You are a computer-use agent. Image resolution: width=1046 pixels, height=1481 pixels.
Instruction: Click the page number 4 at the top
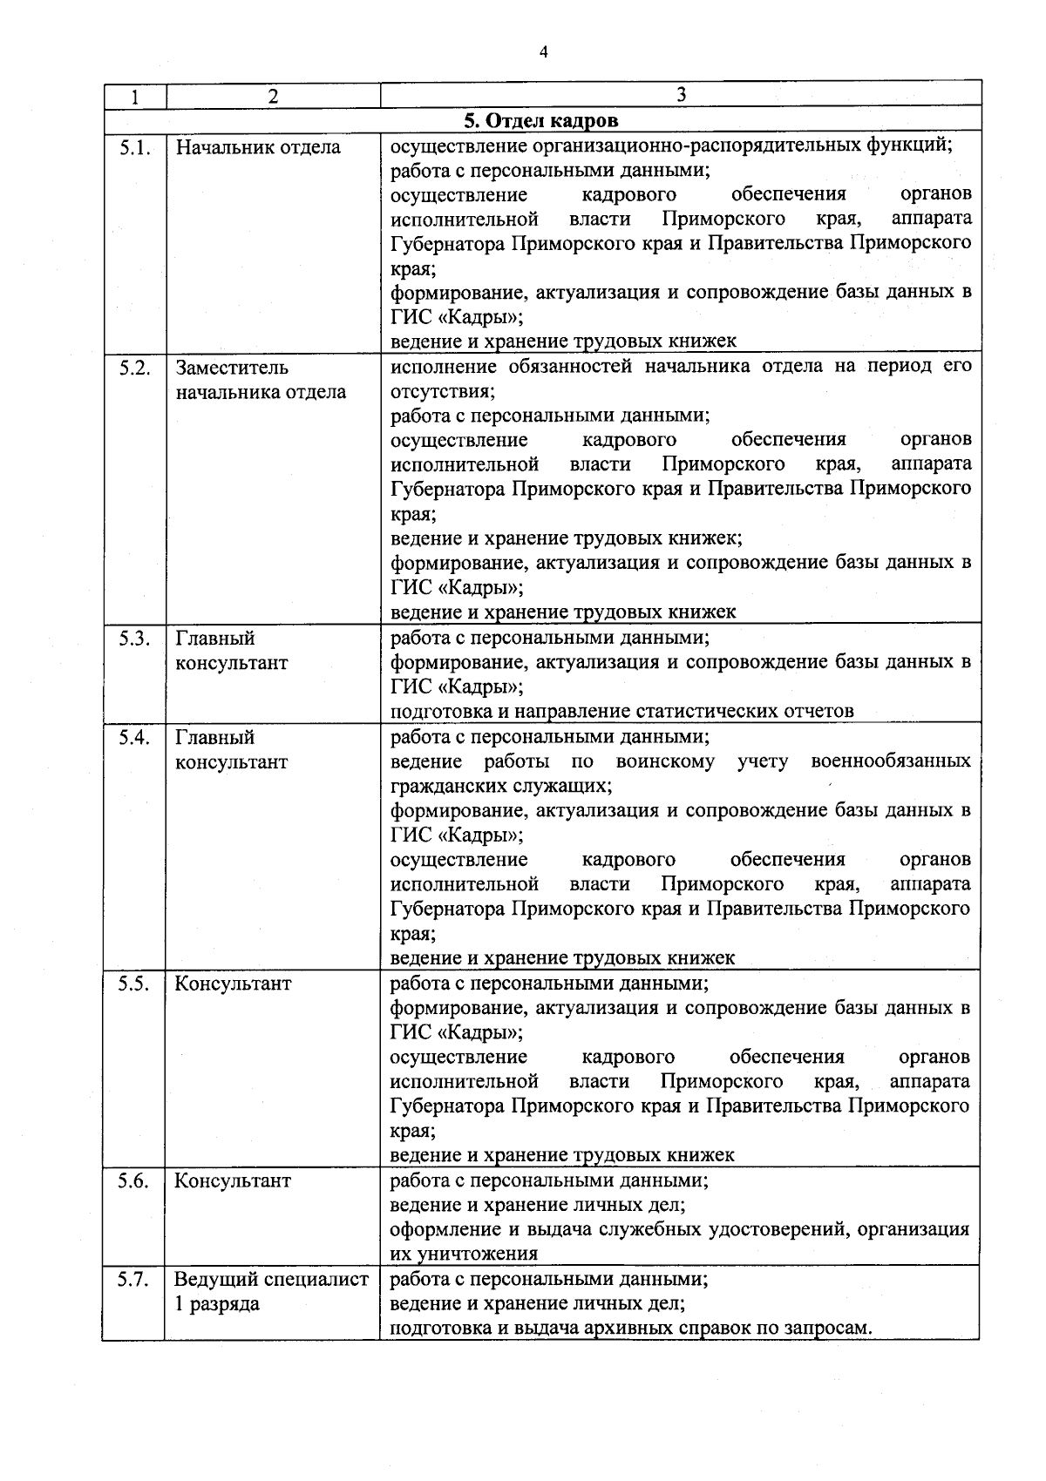(x=543, y=52)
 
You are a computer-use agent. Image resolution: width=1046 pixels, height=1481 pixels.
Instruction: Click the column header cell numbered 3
(x=681, y=95)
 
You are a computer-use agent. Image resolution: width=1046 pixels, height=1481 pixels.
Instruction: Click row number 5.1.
(x=135, y=147)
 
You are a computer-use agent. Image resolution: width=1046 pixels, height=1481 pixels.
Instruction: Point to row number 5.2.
(x=135, y=368)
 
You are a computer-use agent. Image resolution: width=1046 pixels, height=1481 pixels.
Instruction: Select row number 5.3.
(x=135, y=639)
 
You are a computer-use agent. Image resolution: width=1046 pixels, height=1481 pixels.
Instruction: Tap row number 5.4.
(x=135, y=738)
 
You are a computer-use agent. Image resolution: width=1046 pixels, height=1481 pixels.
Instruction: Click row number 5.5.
(x=135, y=984)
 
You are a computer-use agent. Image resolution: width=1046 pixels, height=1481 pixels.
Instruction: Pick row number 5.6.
(x=135, y=1181)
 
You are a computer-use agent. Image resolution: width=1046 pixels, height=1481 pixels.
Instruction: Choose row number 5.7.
(x=135, y=1281)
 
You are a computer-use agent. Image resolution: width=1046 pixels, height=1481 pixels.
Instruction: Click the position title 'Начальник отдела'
(x=258, y=147)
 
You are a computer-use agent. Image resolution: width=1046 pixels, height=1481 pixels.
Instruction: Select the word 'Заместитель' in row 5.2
(x=232, y=368)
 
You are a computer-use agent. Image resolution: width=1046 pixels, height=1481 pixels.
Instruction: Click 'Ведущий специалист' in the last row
(x=271, y=1281)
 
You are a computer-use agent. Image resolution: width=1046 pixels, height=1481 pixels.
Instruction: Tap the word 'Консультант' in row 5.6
(x=232, y=1181)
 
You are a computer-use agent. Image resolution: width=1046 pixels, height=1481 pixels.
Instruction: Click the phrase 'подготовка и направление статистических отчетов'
(x=621, y=711)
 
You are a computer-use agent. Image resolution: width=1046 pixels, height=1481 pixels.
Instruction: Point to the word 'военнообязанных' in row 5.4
(x=890, y=762)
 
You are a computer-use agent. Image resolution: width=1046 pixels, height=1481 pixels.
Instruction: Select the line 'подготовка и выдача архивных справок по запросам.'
(x=631, y=1329)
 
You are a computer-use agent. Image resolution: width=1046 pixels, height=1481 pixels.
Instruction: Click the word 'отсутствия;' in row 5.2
(x=442, y=392)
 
